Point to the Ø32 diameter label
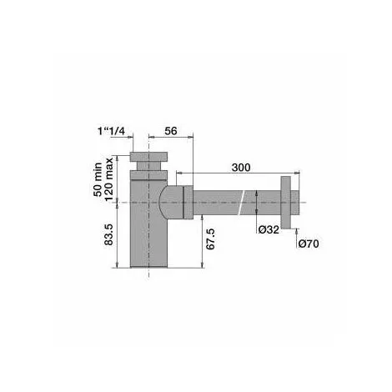[x=269, y=229]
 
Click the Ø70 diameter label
[x=309, y=244]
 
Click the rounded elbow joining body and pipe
[x=170, y=201]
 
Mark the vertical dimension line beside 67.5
[x=204, y=242]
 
